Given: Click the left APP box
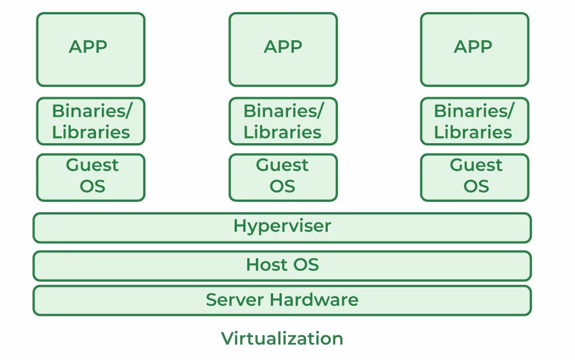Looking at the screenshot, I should pos(90,50).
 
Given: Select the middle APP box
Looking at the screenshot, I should pos(283,50).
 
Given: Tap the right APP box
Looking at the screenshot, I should pos(474,50).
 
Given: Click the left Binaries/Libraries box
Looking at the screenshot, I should pos(90,121).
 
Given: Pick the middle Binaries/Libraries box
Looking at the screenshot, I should pos(283,121).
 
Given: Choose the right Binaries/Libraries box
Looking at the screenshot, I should pos(474,121).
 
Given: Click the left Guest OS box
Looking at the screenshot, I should pos(90,177).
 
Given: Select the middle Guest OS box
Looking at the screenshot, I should pos(283,177).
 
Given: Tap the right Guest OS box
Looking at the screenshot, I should pos(474,177).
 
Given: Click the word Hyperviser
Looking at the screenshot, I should pos(282,226).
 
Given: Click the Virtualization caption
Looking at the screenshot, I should pos(282,338).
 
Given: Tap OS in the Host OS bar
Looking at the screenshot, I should pos(306,265).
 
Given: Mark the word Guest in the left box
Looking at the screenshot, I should pos(92,165).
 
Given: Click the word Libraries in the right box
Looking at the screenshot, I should pos(473,132).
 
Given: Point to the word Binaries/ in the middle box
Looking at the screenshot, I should pos(283,110).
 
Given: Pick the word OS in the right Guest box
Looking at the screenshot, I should pos(476,186).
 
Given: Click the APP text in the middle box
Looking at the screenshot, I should pos(283,47).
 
